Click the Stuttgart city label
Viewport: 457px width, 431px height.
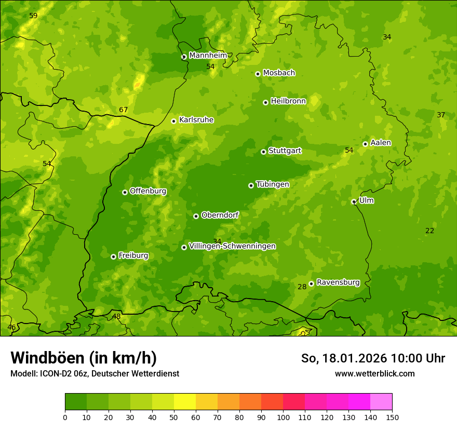[x=285, y=151]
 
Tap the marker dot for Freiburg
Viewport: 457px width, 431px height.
[x=113, y=257]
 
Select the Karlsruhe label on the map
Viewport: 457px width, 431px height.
[x=196, y=120]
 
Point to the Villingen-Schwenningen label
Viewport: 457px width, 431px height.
[x=232, y=246]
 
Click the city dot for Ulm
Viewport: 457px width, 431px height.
[x=354, y=202]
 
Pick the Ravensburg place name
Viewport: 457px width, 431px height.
[x=338, y=282]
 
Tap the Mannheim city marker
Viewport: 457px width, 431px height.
[x=184, y=57]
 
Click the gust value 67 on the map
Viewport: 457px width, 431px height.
[x=123, y=110]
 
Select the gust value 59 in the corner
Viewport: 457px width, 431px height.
[x=33, y=16]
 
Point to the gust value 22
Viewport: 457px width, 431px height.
[x=429, y=231]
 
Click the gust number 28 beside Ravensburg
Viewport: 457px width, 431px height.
[x=302, y=287]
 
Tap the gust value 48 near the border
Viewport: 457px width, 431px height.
[x=116, y=317]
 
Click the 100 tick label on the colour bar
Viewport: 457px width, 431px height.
[x=283, y=417]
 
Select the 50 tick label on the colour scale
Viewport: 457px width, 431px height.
[x=174, y=417]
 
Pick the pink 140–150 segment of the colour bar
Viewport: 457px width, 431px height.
[x=381, y=402]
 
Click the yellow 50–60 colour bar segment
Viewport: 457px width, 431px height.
[x=185, y=402]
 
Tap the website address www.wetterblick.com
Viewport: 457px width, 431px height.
[x=374, y=374]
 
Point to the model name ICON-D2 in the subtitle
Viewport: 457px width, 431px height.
[x=54, y=374]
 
